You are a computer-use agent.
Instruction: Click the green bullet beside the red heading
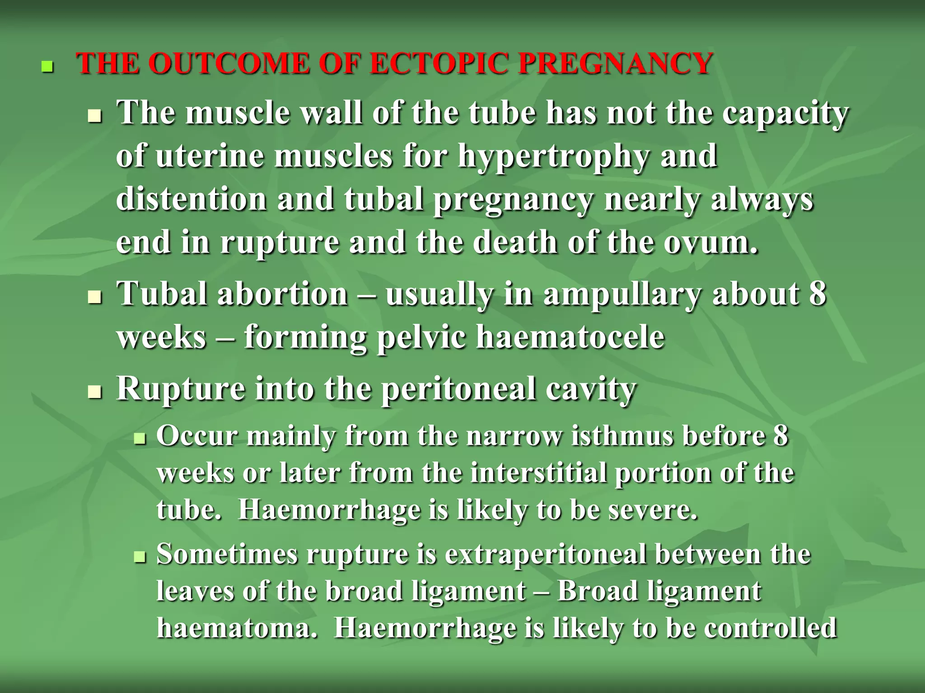coord(47,67)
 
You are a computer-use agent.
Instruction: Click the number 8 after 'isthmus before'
coord(780,436)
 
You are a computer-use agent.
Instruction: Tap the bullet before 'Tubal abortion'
coord(95,297)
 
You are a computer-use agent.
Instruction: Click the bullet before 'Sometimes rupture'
coord(140,558)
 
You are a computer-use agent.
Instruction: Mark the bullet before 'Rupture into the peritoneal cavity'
coord(95,392)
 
